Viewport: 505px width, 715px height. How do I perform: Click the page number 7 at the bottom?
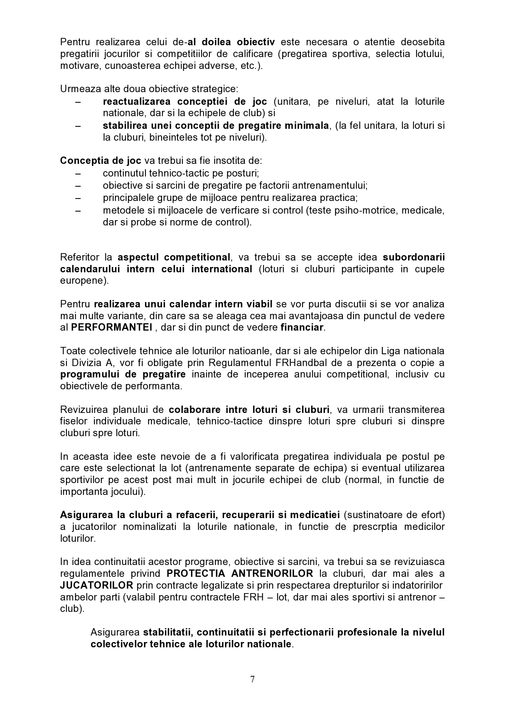pos(253,679)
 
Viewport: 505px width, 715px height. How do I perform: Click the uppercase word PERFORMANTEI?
pos(112,327)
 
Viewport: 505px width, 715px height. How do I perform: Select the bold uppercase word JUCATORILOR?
pos(97,585)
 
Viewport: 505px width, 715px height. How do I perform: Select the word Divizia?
pos(86,362)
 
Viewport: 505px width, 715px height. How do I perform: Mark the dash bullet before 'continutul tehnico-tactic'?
pos(78,173)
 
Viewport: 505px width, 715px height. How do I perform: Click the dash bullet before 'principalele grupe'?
pos(78,198)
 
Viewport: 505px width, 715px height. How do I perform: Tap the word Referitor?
pos(80,257)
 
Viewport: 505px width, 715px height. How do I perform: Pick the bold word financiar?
pos(302,327)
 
